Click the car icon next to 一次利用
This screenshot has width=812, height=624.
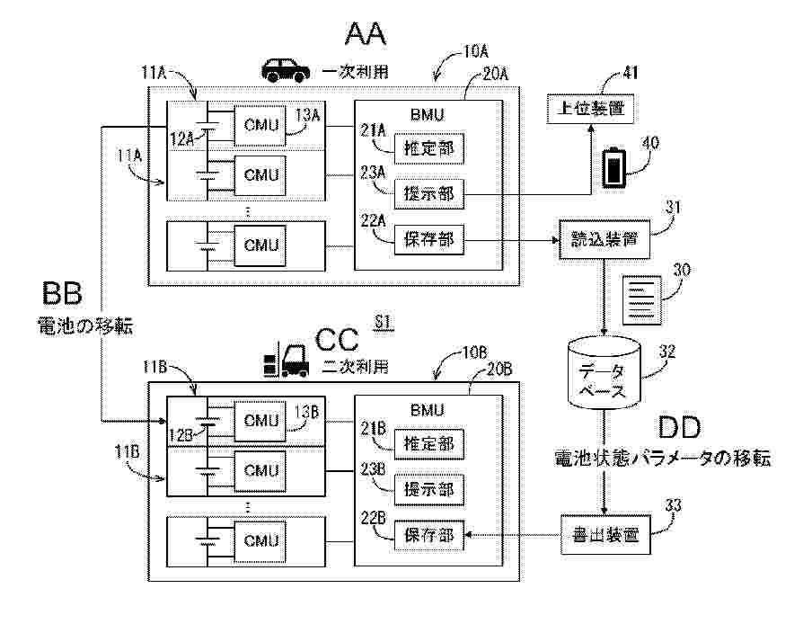click(283, 68)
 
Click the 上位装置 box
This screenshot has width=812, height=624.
click(590, 109)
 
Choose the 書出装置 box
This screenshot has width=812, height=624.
click(605, 535)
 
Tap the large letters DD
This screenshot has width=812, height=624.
click(679, 427)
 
